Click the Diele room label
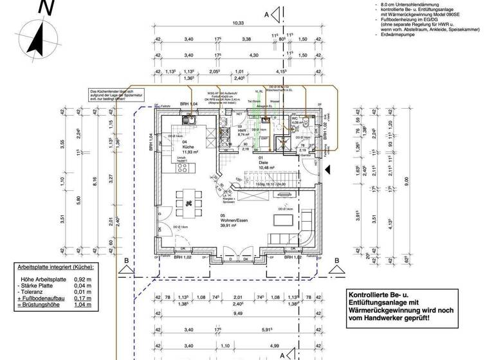pyautogui.click(x=263, y=163)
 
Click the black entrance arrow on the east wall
pyautogui.click(x=327, y=169)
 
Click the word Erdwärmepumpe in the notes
pyautogui.click(x=399, y=35)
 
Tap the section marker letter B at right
pyautogui.click(x=336, y=260)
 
